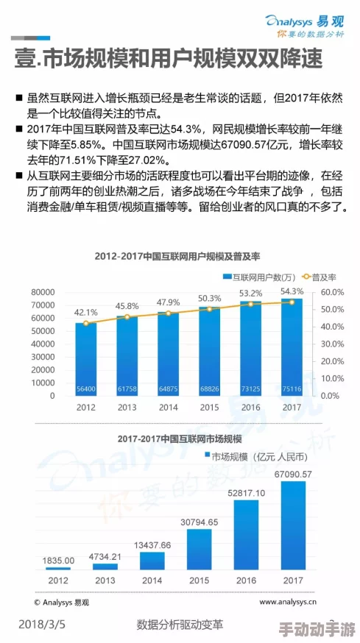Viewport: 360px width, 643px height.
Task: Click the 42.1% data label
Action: [86, 312]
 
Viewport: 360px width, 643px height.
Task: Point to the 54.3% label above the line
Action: [292, 291]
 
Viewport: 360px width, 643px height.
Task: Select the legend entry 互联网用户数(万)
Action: [253, 277]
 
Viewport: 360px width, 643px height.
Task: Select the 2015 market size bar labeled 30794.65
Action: [199, 549]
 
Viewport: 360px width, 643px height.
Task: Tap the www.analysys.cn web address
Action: [288, 602]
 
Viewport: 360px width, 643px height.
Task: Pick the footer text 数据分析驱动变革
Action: [180, 625]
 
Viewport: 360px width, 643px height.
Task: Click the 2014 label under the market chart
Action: [152, 580]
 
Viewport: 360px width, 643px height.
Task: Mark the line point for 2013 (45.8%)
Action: [127, 317]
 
